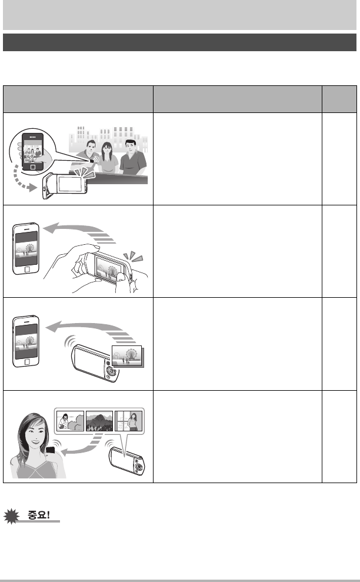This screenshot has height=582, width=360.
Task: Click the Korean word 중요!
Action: click(x=39, y=515)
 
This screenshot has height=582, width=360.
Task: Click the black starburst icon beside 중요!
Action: click(x=12, y=516)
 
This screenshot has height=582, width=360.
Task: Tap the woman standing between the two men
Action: click(x=107, y=158)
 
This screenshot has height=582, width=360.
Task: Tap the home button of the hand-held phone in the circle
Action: click(x=33, y=167)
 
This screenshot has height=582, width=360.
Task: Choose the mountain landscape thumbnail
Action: click(x=99, y=421)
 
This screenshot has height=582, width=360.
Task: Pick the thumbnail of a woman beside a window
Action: click(x=128, y=421)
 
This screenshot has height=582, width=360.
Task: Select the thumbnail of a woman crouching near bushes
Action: click(x=70, y=421)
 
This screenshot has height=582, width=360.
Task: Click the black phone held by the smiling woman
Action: click(x=50, y=451)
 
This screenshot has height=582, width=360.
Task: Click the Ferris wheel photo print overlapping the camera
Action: click(x=127, y=356)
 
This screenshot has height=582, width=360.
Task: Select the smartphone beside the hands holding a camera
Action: click(x=26, y=248)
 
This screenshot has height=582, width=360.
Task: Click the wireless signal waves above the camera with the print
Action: click(x=70, y=341)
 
